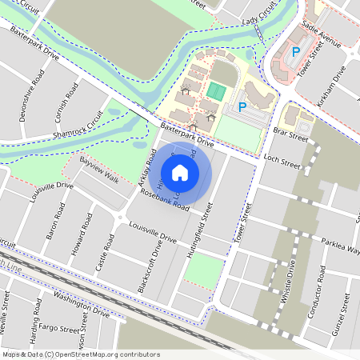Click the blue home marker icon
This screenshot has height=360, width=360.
(x=180, y=172)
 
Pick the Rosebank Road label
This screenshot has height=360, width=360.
(x=164, y=200)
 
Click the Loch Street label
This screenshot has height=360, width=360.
(x=281, y=163)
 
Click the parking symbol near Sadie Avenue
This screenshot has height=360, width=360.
(x=295, y=53)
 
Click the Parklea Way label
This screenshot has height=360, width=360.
(x=341, y=243)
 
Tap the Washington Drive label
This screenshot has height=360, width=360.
(x=81, y=305)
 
